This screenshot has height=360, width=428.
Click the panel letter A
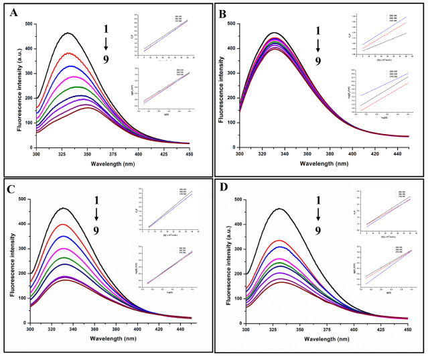coord(13,13)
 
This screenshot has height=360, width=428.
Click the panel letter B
coord(223,13)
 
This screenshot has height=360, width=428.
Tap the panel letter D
coord(223,190)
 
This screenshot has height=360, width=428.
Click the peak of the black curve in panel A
coord(68,33)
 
